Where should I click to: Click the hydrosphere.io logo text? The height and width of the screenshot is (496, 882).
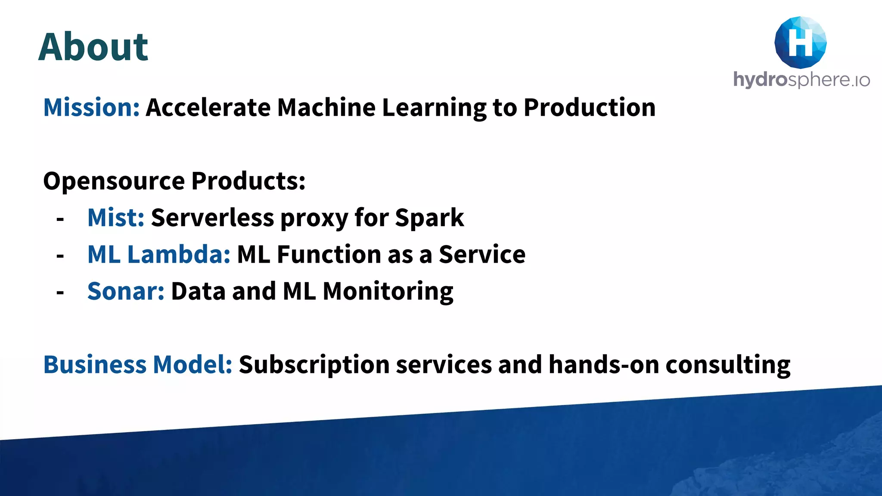pos(801,80)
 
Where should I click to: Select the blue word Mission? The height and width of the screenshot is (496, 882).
pos(91,107)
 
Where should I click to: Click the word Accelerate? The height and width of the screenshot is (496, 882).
pos(208,107)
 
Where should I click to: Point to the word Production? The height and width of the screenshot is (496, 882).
pos(589,107)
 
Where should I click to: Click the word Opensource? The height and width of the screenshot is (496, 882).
pos(114,181)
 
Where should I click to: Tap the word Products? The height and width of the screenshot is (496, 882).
pos(248,181)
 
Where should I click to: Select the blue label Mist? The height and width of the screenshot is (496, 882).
pos(115,217)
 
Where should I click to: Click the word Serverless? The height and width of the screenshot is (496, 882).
pos(212,217)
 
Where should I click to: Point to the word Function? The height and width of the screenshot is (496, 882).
pos(329,254)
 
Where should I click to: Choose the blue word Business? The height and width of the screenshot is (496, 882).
pos(95,365)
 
